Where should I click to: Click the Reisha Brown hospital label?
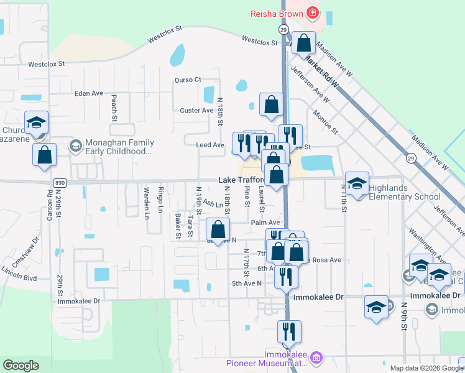click(x=276, y=12)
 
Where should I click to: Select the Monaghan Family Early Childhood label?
click(x=117, y=147)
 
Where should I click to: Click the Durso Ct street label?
click(x=188, y=80)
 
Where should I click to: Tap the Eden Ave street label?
click(x=88, y=93)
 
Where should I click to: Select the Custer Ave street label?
click(x=196, y=111)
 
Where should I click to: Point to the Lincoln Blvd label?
click(x=19, y=273)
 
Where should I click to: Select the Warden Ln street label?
click(x=147, y=203)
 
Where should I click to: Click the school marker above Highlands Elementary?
click(x=357, y=183)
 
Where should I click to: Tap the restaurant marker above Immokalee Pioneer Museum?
click(x=290, y=333)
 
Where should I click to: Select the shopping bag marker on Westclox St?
click(x=304, y=44)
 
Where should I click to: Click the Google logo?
click(x=21, y=366)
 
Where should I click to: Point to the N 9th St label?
click(x=403, y=316)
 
